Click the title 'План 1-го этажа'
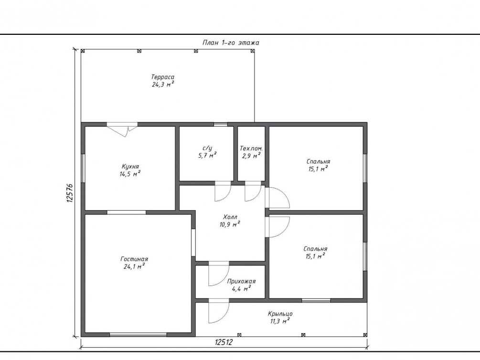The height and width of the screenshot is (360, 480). tap(231, 42)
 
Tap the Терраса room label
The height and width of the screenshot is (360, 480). tap(162, 77)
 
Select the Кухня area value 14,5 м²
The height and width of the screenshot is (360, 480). tap(130, 174)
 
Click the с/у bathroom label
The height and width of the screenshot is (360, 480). tap(207, 148)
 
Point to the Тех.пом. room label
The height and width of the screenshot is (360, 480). tap(251, 148)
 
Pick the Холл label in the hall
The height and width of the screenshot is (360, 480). tap(230, 217)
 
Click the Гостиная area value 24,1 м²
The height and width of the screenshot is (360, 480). tap(134, 266)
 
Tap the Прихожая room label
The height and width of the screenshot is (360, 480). tap(241, 281)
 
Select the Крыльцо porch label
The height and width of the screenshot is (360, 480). tap(280, 314)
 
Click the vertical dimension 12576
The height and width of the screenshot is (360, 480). tap(69, 193)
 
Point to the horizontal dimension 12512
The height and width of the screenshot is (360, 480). tap(224, 342)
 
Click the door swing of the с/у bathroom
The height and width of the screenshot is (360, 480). tap(223, 191)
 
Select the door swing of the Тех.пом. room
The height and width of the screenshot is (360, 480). tap(253, 191)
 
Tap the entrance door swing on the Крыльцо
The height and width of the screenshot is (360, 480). tap(219, 312)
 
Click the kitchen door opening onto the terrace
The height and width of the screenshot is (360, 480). tap(122, 128)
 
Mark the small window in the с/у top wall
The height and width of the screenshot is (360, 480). tap(220, 124)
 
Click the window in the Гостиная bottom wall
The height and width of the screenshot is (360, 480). tap(138, 335)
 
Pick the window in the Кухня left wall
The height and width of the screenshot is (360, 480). tap(83, 168)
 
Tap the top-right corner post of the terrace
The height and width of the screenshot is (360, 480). tap(253, 51)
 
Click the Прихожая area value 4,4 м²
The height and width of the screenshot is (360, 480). tap(241, 288)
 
